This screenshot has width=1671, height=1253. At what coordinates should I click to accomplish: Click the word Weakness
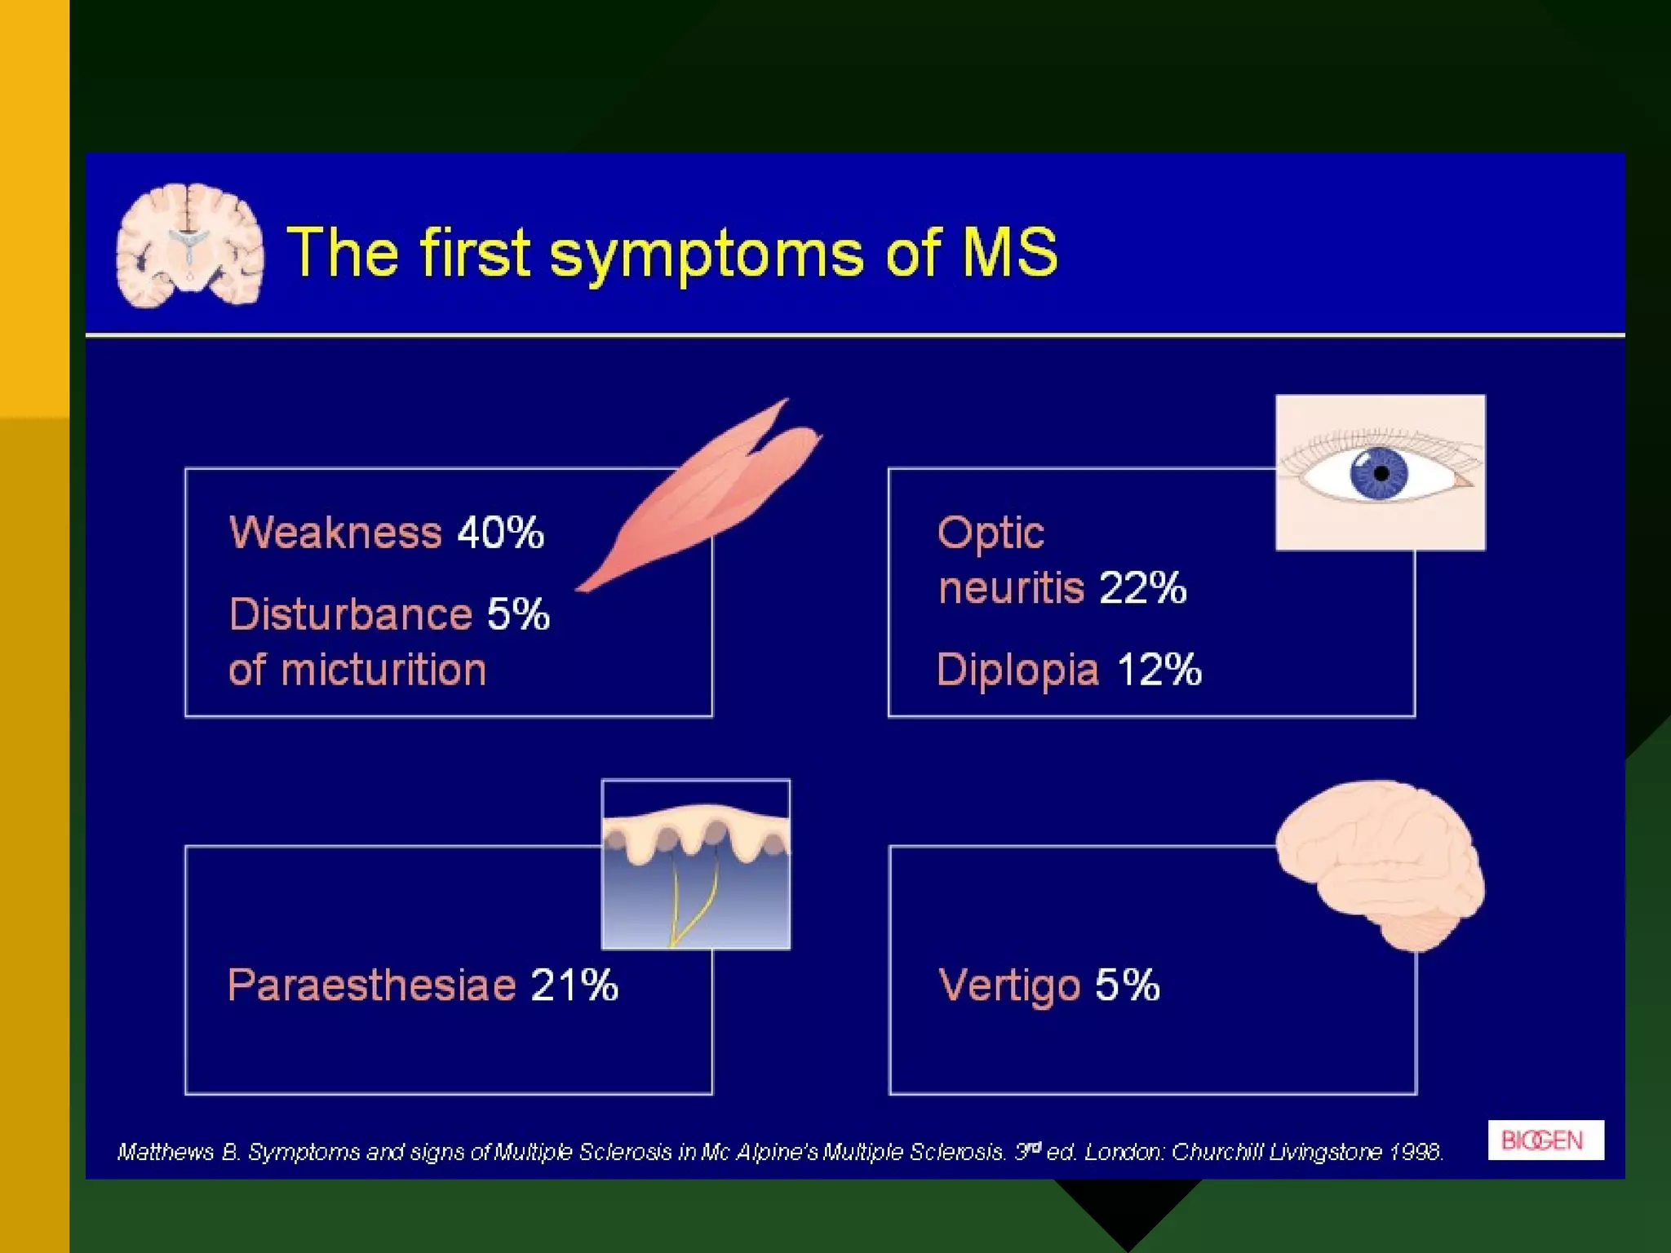coord(335,533)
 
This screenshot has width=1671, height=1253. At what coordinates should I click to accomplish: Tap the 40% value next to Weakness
coord(500,533)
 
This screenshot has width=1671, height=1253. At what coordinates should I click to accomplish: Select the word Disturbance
coord(350,614)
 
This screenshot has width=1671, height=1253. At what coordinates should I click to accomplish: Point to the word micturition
coord(383,670)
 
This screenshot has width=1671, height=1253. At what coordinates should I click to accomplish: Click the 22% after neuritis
coord(1142,587)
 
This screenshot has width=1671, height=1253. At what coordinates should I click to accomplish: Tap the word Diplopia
coord(1017,671)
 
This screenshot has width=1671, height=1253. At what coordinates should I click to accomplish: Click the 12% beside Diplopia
coord(1159,670)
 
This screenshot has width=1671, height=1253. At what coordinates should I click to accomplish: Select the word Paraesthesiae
coord(371,985)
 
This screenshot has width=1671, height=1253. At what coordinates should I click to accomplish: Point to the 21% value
coord(574,985)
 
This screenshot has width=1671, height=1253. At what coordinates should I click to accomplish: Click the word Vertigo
coord(1009,985)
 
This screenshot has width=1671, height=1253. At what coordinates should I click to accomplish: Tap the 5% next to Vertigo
coord(1127,985)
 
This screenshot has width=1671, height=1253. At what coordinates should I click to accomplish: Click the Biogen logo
coord(1545,1140)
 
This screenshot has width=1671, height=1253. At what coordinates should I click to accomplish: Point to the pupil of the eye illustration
coord(1381,473)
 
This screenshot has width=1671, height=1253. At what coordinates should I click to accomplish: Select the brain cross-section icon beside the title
coord(190,245)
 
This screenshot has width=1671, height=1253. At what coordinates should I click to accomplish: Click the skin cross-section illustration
coord(696,865)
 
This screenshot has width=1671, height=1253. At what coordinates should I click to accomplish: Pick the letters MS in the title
coord(1009,252)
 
